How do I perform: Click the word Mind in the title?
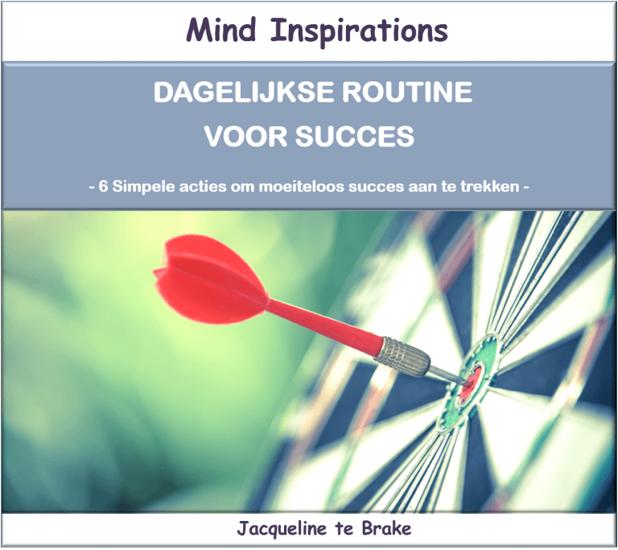(x=221, y=30)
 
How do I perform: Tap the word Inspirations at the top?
(x=359, y=32)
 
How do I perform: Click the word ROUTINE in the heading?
(x=406, y=92)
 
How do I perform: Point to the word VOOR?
(x=245, y=136)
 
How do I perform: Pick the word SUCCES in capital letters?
(x=355, y=136)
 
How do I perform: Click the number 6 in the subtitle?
(x=103, y=186)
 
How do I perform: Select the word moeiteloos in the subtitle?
(x=302, y=186)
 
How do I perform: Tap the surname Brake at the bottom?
(x=386, y=528)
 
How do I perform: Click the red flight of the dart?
(x=211, y=279)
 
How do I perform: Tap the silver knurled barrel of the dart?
(x=402, y=356)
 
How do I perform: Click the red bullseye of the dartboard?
(x=472, y=381)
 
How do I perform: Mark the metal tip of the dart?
(x=447, y=374)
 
